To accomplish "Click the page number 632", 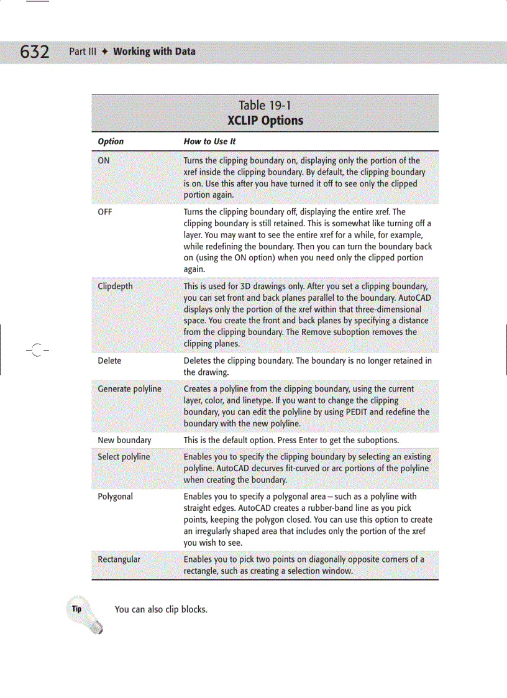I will coord(34,52).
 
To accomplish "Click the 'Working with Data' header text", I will coord(154,52).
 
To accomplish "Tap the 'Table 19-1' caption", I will coord(265,106).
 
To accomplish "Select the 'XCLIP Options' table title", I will coord(265,121).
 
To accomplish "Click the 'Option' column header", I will coord(111,142).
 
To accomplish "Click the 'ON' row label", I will coord(104,160).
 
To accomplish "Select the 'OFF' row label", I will coord(105,212).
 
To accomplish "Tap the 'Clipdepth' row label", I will coord(115,287).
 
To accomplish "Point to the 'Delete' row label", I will coord(109,360).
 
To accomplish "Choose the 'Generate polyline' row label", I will coord(129,389).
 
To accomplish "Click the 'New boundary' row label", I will coord(124,440).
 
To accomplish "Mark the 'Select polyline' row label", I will coord(124,457).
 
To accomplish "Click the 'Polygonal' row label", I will coord(115,497).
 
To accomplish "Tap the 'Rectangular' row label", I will coord(119,559).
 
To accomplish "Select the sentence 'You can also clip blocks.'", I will coord(161,609).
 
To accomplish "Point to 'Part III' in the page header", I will coord(83,52).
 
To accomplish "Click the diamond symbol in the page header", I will coord(105,52).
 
